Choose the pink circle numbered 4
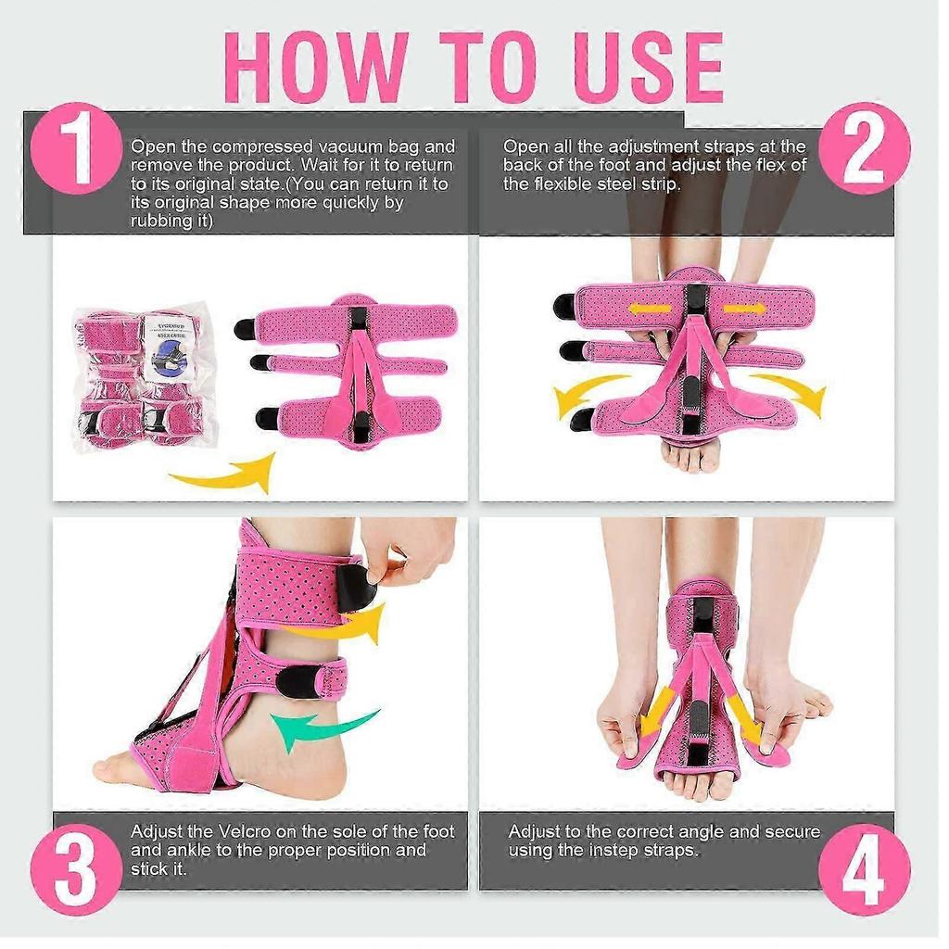(x=864, y=870)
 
